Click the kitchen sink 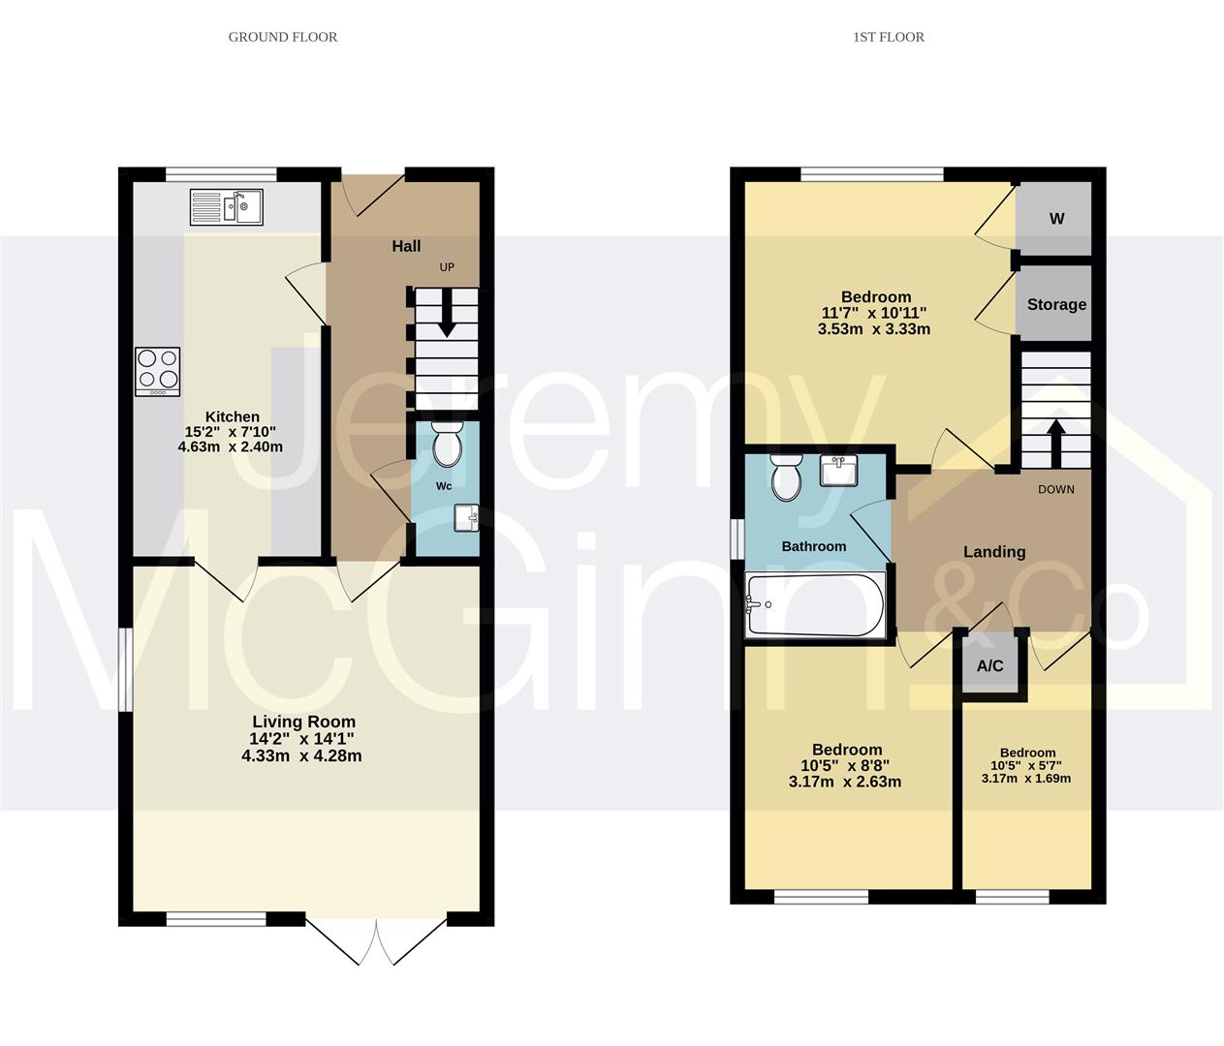pos(226,207)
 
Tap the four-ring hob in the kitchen pos(158,371)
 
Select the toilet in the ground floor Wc pos(447,444)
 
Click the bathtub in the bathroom pos(816,605)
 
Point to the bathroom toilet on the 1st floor pos(786,477)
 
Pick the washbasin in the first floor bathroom pos(838,471)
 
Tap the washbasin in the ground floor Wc pos(466,518)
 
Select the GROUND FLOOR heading pos(283,38)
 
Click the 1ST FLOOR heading pos(889,38)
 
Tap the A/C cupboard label pos(989,666)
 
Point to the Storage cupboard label pos(1056,304)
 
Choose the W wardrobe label pos(1057,219)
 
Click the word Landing pos(994,552)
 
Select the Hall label pos(406,246)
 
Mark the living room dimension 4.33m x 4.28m pos(301,756)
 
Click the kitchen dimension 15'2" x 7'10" pos(231,432)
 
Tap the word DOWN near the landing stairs pos(1055,489)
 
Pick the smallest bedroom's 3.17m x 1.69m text pos(1026,779)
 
